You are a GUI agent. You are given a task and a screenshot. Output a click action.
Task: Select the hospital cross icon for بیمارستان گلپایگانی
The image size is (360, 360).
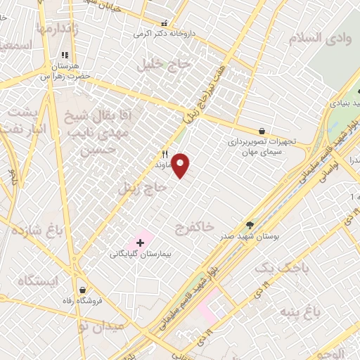pos(140,243)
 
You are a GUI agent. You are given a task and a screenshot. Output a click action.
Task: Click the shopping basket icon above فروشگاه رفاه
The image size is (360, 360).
pos(83,290)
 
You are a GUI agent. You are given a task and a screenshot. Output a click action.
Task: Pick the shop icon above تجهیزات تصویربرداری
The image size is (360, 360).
pos(262,131)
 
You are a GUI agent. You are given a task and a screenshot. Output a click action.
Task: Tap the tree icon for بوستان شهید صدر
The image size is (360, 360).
pos(250,226)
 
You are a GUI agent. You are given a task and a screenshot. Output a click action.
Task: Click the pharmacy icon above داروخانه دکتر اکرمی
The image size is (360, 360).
pos(165,22)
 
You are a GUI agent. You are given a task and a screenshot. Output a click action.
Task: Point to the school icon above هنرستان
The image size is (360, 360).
pos(65,54)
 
